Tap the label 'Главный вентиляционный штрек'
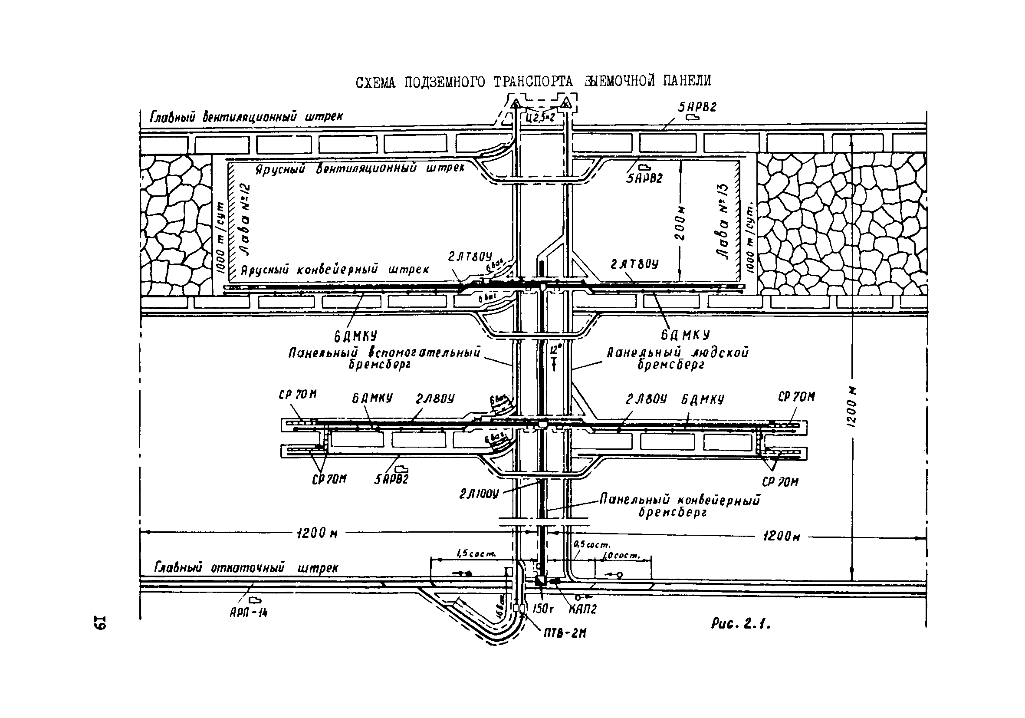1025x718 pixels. click(246, 117)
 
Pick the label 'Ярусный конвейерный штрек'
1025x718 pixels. click(335, 270)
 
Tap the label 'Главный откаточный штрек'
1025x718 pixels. click(246, 567)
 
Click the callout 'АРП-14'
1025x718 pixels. click(249, 613)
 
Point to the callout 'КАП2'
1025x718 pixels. click(583, 609)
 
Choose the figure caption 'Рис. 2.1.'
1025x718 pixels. click(741, 624)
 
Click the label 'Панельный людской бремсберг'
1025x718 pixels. click(677, 359)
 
